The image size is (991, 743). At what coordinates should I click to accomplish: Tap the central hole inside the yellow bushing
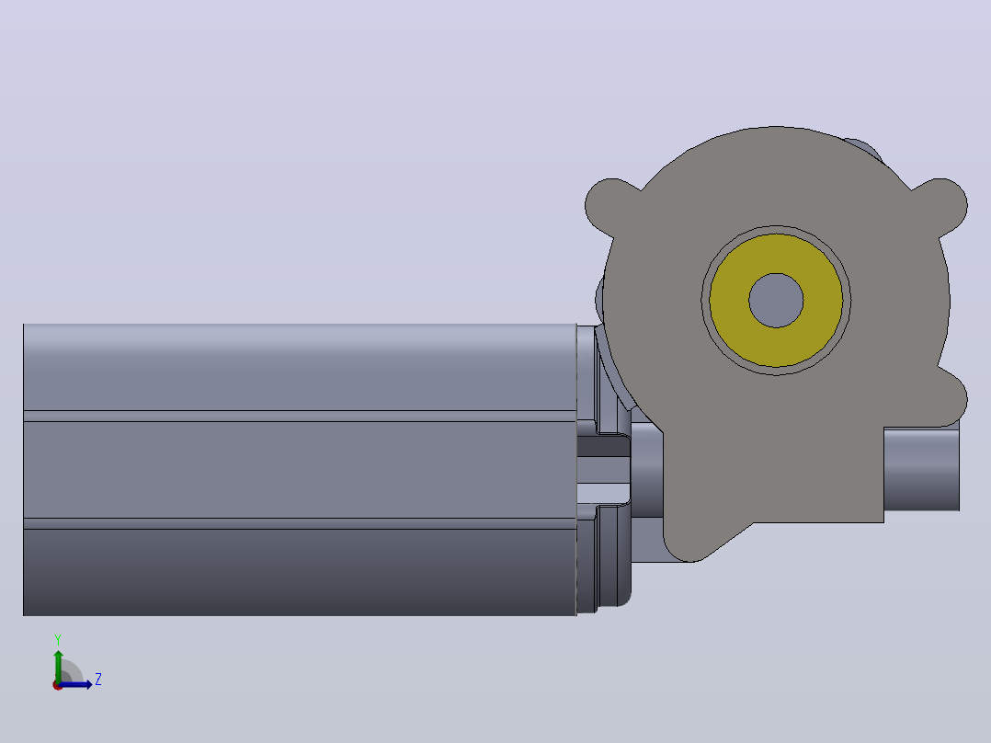tap(776, 301)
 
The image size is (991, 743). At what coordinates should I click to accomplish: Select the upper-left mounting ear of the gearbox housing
tap(608, 205)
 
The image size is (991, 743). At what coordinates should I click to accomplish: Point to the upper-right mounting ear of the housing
tap(943, 205)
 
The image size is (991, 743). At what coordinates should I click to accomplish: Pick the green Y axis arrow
tap(58, 666)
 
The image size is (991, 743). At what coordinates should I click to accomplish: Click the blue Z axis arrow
tap(75, 684)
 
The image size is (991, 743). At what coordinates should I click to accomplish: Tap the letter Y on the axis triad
tap(58, 639)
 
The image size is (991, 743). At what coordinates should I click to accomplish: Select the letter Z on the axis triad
tap(98, 680)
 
